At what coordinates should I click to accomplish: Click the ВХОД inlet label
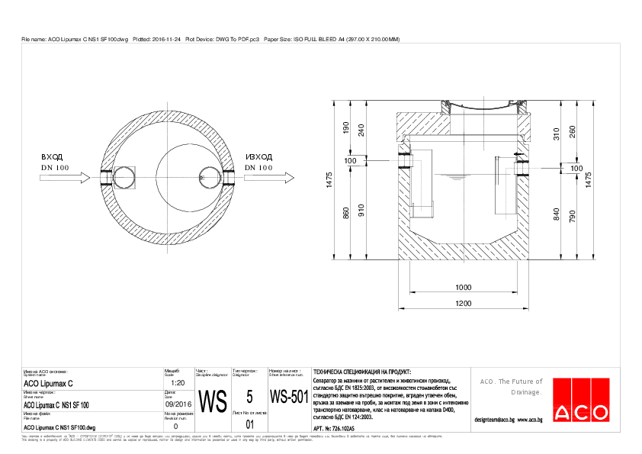click(x=51, y=156)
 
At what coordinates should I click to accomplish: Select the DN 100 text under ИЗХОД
click(x=258, y=167)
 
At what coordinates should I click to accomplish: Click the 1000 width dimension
click(x=464, y=287)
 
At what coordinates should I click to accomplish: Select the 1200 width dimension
click(x=464, y=304)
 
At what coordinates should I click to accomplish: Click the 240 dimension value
click(x=361, y=130)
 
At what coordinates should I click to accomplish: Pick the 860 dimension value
click(x=345, y=214)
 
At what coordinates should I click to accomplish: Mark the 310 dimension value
click(x=557, y=134)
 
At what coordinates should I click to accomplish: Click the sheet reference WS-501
click(x=289, y=398)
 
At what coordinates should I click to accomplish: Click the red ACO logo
click(x=581, y=412)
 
